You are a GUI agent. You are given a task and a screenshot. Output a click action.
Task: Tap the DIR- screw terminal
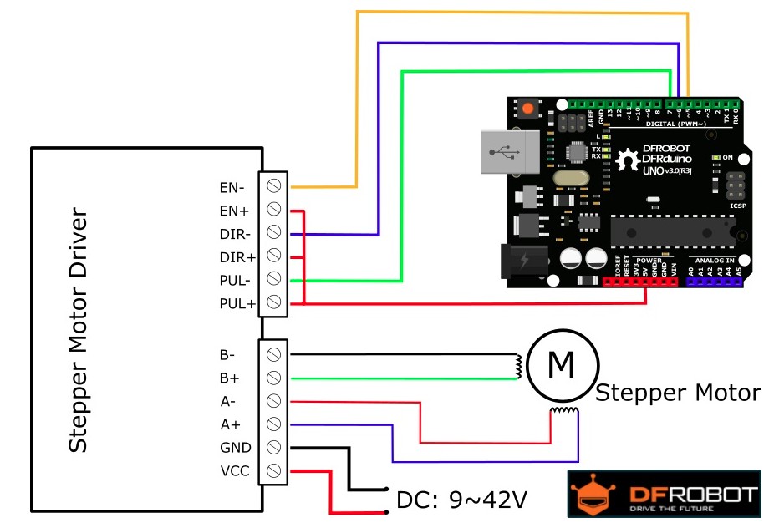tap(273, 232)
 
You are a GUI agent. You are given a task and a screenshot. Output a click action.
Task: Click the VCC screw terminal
tap(273, 470)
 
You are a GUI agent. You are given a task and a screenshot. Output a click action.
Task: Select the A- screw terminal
tap(273, 401)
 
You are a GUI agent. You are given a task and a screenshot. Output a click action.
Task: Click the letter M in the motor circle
tap(562, 363)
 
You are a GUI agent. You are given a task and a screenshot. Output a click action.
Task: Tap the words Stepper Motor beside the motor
tap(678, 392)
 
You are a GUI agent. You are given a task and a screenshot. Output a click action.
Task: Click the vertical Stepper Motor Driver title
tap(78, 331)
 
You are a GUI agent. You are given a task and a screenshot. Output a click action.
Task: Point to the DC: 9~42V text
tap(461, 500)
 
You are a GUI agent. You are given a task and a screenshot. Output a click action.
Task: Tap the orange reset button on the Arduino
tap(528, 109)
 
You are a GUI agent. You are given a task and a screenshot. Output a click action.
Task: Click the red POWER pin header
tap(639, 282)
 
